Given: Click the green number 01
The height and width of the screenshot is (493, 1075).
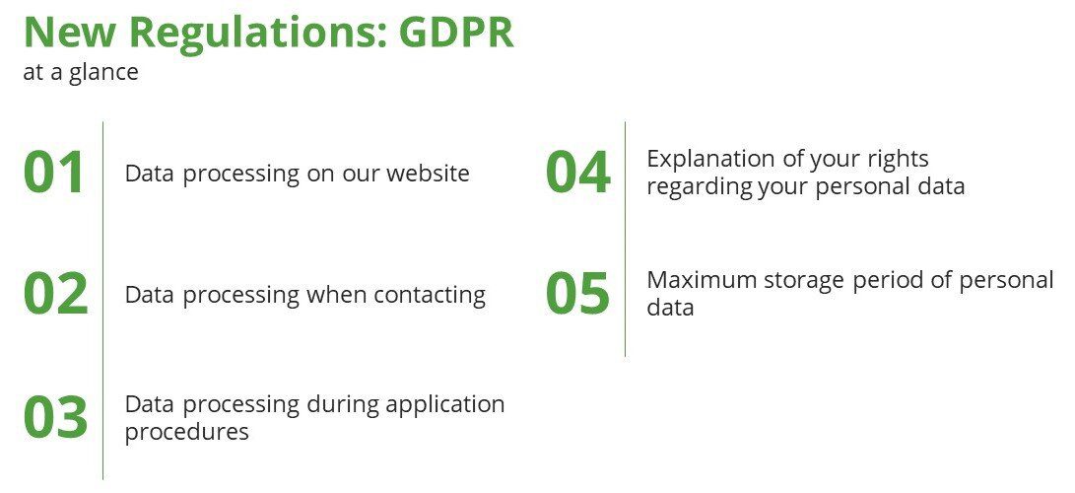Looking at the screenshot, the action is [x=54, y=173].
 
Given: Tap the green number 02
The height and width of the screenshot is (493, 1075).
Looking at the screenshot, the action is [x=55, y=294].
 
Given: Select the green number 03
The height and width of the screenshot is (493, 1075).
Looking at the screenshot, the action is [x=55, y=416].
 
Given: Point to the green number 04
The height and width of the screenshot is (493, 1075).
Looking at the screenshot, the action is [x=578, y=173].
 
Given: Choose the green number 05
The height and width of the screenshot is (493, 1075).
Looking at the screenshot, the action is [x=577, y=294].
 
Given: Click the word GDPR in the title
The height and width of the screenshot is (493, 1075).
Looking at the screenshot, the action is [x=456, y=32].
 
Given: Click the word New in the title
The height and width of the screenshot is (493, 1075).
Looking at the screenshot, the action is [x=70, y=32].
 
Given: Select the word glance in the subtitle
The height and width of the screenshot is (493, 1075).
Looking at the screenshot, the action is [x=103, y=72].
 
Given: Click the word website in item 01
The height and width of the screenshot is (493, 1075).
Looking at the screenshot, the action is [x=428, y=173].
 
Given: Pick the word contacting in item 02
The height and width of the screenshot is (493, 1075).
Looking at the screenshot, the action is [x=430, y=295].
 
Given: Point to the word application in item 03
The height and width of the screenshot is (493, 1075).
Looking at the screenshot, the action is [x=445, y=405].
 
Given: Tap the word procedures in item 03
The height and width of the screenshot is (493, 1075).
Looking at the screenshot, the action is [x=186, y=431].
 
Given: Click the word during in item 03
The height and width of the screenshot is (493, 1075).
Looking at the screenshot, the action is [x=342, y=405].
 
